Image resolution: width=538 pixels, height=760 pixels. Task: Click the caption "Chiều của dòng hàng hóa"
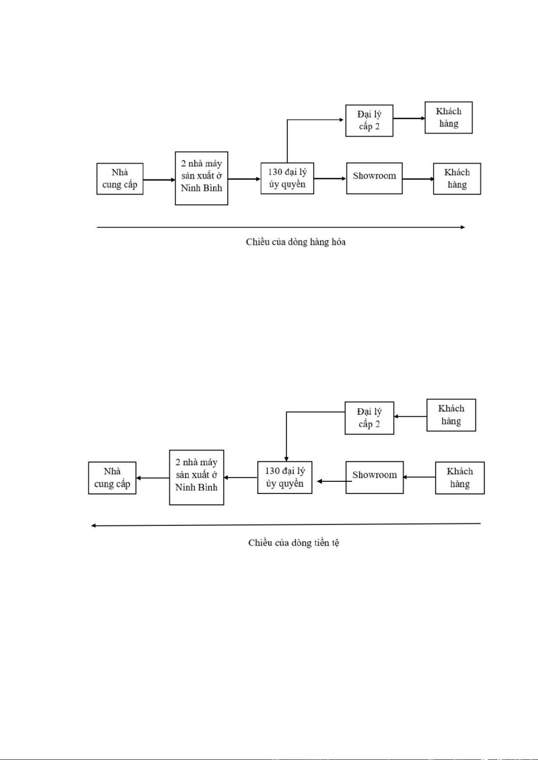click(x=295, y=242)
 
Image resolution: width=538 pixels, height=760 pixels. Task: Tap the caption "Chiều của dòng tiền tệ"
click(x=294, y=543)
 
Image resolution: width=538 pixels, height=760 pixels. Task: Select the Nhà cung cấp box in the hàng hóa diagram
click(x=120, y=179)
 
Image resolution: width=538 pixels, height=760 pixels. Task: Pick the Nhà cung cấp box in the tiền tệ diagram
click(x=112, y=478)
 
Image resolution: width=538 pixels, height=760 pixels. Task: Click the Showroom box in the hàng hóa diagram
click(x=374, y=179)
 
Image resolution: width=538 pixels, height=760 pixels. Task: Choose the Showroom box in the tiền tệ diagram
click(x=374, y=477)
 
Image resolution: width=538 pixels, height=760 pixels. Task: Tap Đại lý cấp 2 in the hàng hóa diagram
click(x=369, y=120)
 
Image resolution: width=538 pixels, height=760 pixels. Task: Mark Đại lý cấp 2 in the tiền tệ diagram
click(x=369, y=418)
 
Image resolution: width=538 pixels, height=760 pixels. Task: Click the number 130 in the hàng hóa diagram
click(x=275, y=172)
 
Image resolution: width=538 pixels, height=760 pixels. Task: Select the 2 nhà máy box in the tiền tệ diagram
click(x=196, y=477)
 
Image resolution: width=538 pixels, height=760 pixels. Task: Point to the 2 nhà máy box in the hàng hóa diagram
click(x=201, y=178)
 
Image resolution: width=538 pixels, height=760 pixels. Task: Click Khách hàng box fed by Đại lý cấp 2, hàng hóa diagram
click(x=449, y=117)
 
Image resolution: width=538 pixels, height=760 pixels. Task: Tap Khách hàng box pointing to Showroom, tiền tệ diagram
click(x=459, y=478)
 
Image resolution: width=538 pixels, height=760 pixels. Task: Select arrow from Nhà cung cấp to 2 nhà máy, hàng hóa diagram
click(x=159, y=180)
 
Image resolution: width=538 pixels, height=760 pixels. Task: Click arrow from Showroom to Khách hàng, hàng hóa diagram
click(x=417, y=179)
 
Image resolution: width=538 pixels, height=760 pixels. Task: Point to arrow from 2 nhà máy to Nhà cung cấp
click(x=153, y=478)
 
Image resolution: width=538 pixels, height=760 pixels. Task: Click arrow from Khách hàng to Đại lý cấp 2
click(x=410, y=416)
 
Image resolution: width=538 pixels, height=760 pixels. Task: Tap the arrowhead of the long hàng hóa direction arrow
click(x=463, y=227)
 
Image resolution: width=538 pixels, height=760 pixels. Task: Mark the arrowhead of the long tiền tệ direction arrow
click(x=94, y=525)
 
